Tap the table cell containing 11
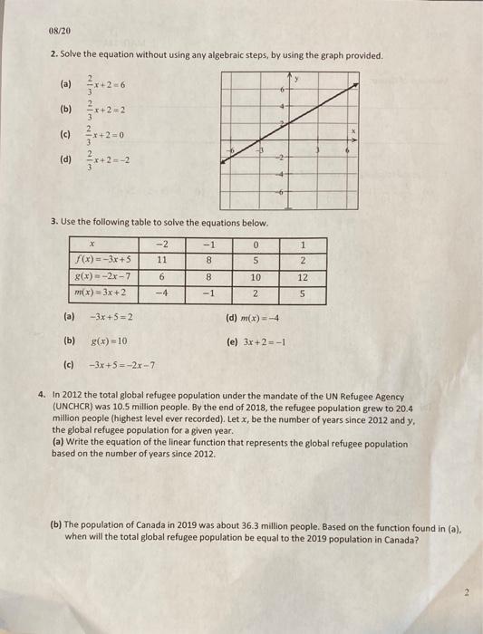click(162, 256)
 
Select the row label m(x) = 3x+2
click(102, 293)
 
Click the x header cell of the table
click(102, 243)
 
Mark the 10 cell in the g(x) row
click(256, 278)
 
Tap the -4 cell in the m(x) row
click(162, 293)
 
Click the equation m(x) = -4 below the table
click(266, 318)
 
